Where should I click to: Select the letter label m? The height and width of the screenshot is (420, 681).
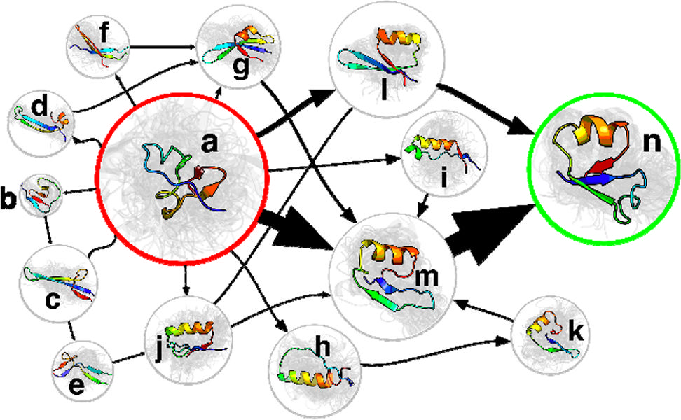tap(426, 276)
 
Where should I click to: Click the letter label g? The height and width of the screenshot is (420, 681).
tap(240, 69)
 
